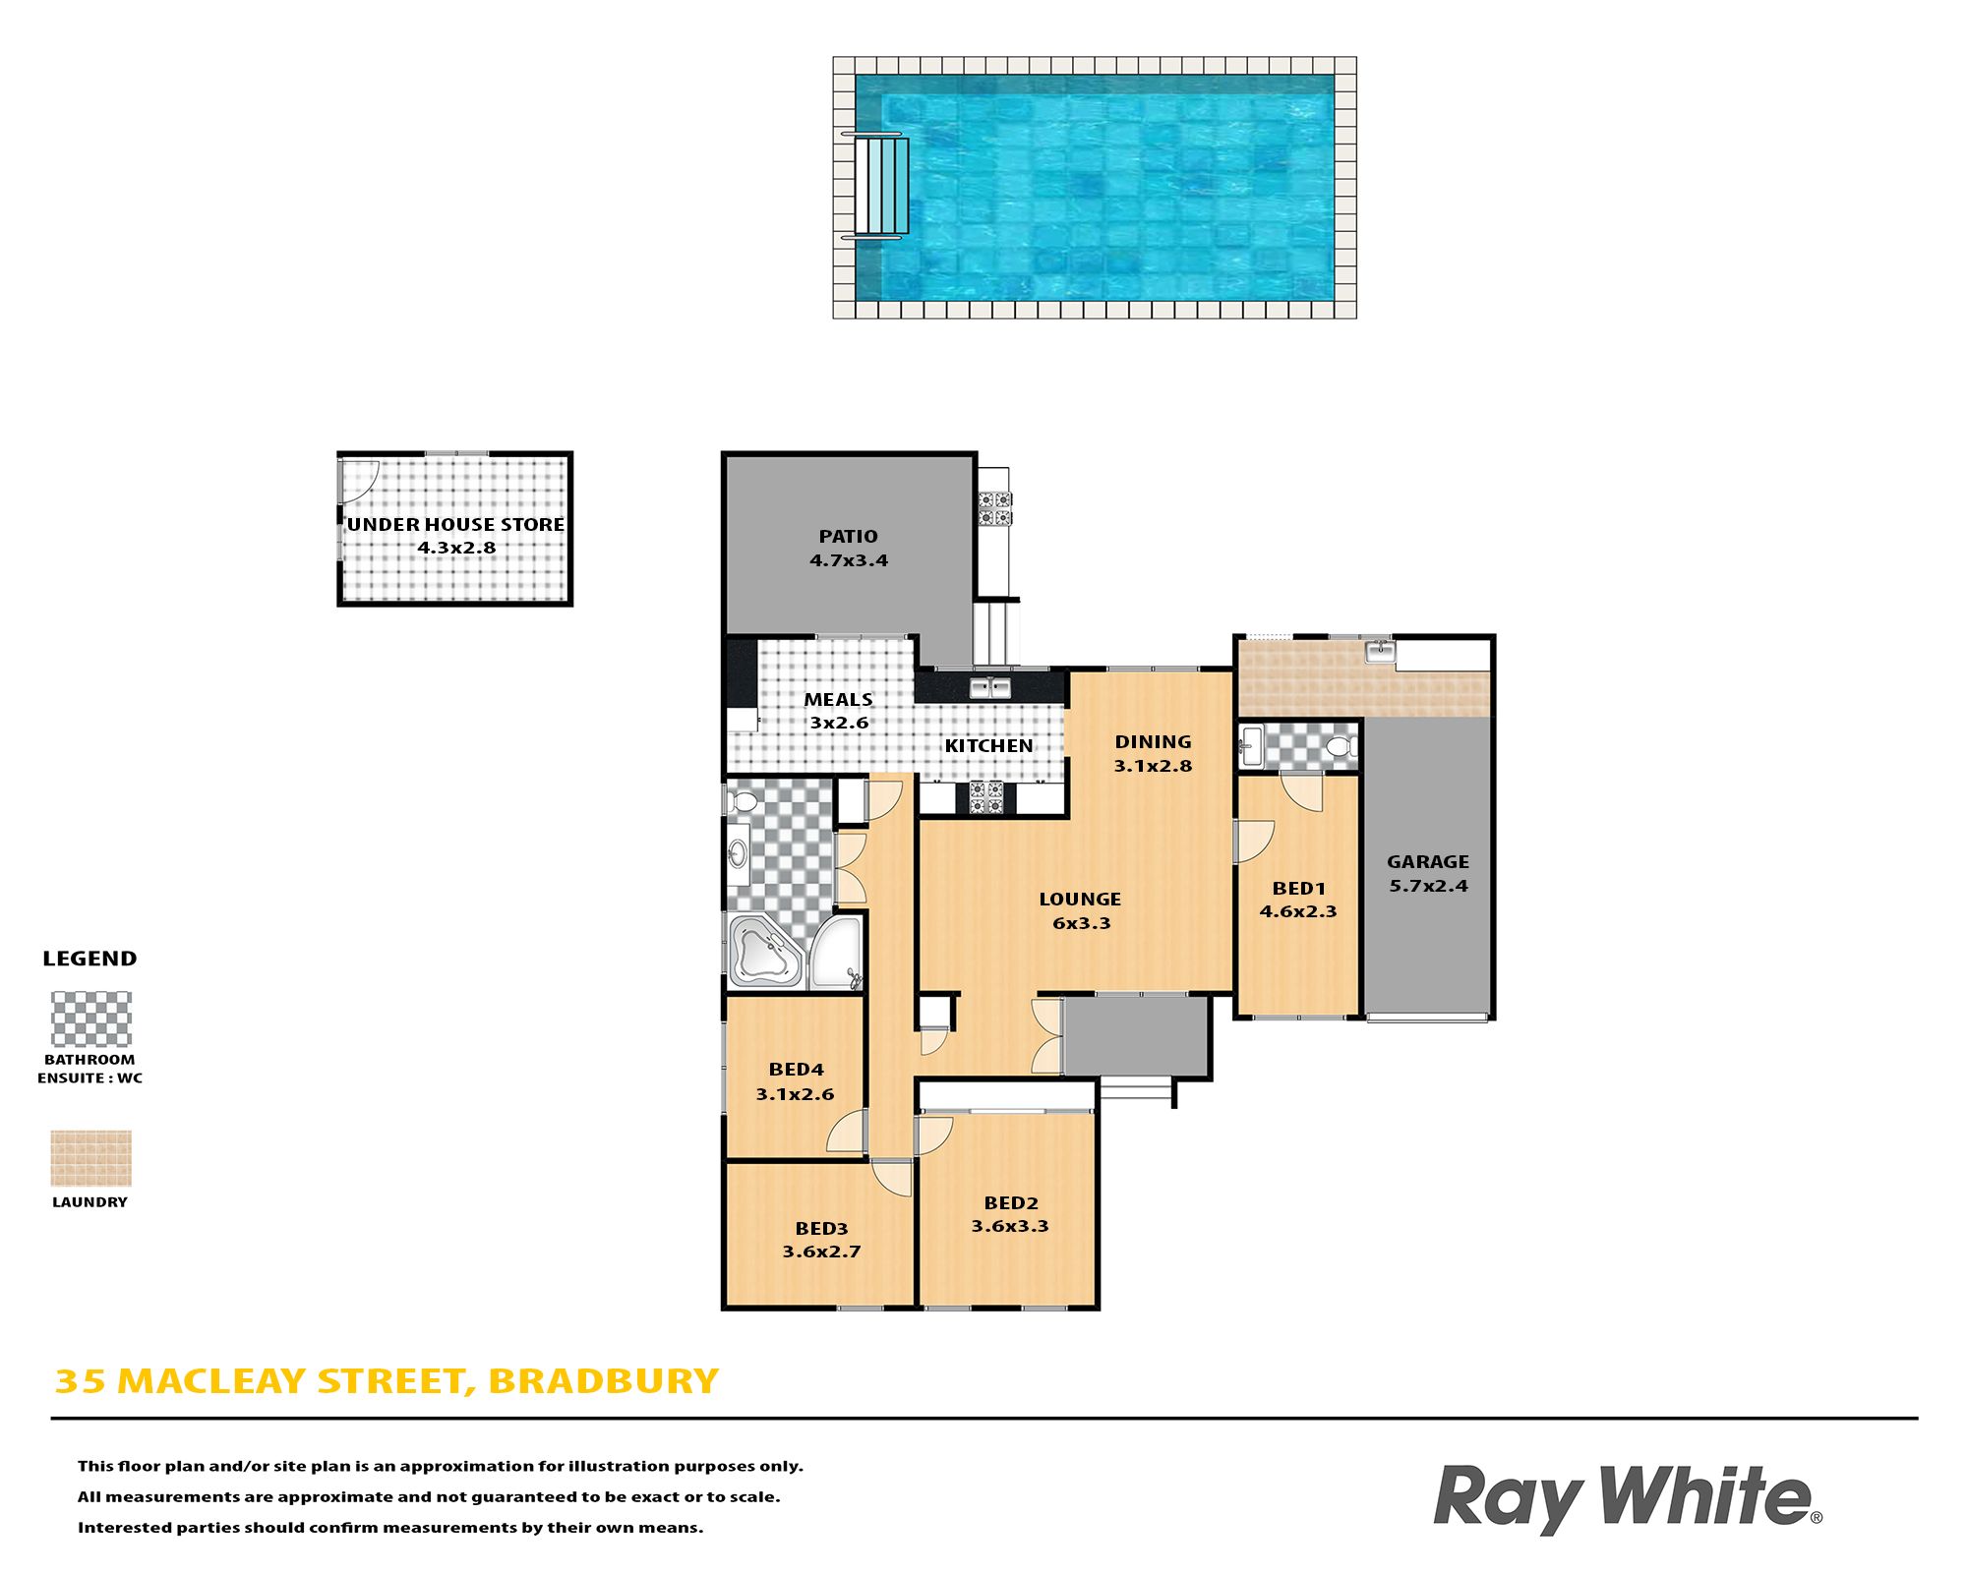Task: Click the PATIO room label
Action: click(848, 536)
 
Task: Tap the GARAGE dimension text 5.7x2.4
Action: click(1428, 886)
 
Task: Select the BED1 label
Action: click(1298, 889)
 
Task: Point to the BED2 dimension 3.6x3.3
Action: click(1010, 1226)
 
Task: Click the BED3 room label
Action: click(821, 1228)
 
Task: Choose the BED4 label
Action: click(796, 1070)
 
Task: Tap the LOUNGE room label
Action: click(1080, 899)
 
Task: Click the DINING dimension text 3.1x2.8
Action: click(1153, 766)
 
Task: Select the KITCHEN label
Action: click(988, 745)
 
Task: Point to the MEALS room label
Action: click(838, 699)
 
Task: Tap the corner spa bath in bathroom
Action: click(766, 951)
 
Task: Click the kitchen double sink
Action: click(990, 687)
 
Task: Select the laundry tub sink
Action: click(1380, 650)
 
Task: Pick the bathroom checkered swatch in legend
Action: click(90, 1019)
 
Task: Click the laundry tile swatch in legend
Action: click(90, 1158)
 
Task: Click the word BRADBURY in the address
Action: click(603, 1381)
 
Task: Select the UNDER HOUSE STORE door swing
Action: click(360, 479)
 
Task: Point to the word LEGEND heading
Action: click(89, 959)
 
